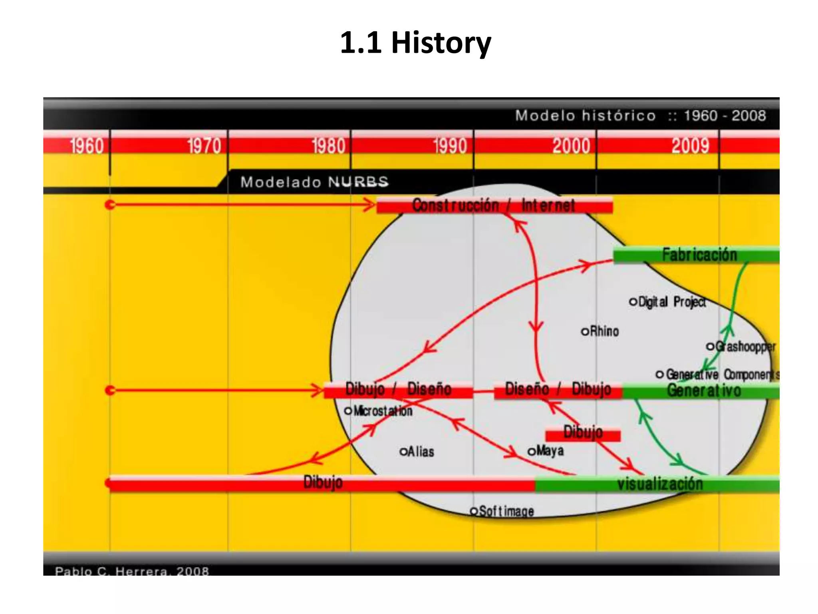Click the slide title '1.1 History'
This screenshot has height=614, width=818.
415,43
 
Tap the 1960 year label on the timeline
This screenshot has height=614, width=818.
87,146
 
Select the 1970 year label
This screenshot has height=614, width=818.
204,146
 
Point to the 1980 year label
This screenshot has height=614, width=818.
328,146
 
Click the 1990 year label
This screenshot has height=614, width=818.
450,146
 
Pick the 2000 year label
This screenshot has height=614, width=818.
571,146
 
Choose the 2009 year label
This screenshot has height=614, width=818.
690,146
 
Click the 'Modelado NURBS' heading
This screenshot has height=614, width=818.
314,182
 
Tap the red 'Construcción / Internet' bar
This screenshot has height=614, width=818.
494,205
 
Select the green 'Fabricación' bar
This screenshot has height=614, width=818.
699,255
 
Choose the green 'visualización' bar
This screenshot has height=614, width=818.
660,484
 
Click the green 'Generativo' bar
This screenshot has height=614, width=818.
703,391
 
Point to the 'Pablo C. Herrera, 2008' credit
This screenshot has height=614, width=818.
132,571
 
